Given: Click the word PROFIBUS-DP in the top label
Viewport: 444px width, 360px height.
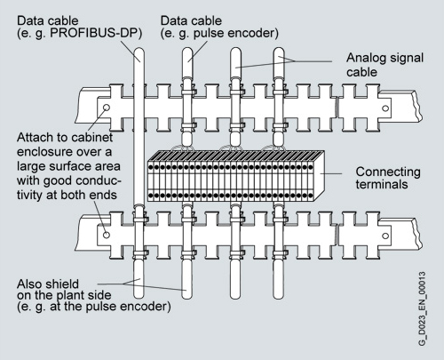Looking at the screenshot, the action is (x=96, y=33).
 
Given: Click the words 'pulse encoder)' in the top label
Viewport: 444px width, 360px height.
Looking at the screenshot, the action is (x=236, y=33).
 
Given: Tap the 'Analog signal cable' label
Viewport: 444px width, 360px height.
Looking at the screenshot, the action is (x=385, y=65).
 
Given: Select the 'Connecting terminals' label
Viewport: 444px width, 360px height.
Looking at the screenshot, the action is (x=388, y=178).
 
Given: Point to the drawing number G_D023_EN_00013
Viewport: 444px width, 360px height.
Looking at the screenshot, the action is (x=422, y=308).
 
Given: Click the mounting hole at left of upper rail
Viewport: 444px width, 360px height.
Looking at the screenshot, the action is (x=106, y=108).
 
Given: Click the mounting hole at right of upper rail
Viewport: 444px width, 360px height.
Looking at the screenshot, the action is (x=385, y=108).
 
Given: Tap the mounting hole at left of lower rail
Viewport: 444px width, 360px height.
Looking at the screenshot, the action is (x=106, y=235).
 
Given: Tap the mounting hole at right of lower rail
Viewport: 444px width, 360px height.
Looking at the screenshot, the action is (x=385, y=236).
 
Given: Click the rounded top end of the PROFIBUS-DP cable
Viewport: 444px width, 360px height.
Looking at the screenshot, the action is (x=139, y=51).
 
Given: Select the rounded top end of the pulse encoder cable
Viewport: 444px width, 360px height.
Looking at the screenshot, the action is (x=187, y=51).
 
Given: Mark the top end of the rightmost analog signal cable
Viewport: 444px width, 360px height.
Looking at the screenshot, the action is (x=279, y=51).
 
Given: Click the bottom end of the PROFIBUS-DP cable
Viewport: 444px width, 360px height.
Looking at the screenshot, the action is (x=139, y=295).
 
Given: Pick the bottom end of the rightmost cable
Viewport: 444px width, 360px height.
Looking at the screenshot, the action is (x=279, y=295).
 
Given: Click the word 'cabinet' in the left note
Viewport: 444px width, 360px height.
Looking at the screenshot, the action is (x=92, y=138).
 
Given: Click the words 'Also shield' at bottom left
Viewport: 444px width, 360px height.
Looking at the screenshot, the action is (x=48, y=284).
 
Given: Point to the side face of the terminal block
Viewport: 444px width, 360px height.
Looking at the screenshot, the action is (x=318, y=175).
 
